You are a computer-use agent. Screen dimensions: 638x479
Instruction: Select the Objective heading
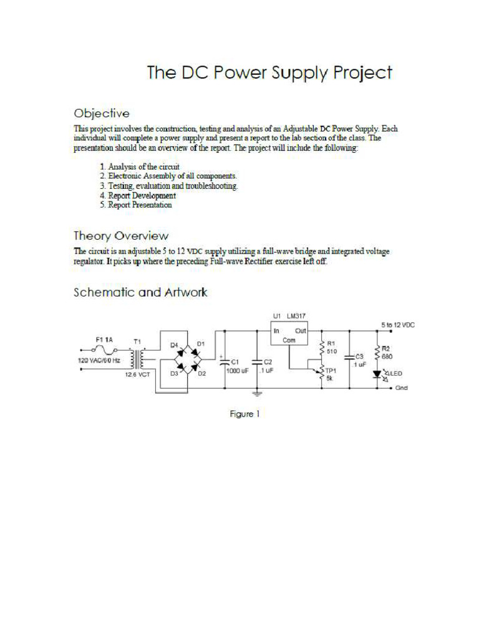pyautogui.click(x=102, y=113)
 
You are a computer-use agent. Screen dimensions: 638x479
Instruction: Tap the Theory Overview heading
pyautogui.click(x=121, y=236)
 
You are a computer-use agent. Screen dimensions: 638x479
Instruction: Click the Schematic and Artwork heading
pyautogui.click(x=140, y=292)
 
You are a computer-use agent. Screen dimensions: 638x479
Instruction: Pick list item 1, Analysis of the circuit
pyautogui.click(x=140, y=167)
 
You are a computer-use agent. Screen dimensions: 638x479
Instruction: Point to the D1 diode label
pyautogui.click(x=201, y=344)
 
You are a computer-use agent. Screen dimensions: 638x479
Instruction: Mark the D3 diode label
pyautogui.click(x=174, y=374)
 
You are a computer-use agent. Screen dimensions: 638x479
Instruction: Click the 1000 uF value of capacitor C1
pyautogui.click(x=238, y=370)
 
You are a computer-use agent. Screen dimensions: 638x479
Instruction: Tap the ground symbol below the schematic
pyautogui.click(x=257, y=394)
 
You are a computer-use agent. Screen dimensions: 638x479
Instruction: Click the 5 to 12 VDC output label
pyautogui.click(x=397, y=325)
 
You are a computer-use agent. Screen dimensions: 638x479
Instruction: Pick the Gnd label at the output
pyautogui.click(x=402, y=388)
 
